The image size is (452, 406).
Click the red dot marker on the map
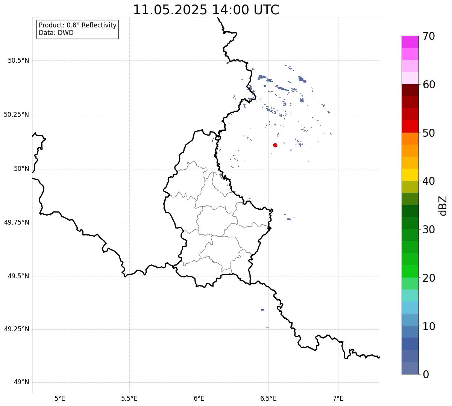click(x=275, y=145)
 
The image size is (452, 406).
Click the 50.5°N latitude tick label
click(x=18, y=60)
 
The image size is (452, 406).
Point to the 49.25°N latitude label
click(x=17, y=329)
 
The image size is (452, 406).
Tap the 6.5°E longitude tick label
click(x=268, y=398)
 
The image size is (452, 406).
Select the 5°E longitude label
click(x=60, y=398)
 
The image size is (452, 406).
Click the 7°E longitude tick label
click(x=338, y=398)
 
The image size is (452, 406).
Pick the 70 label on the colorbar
click(x=429, y=36)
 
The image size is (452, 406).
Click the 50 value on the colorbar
click(x=429, y=133)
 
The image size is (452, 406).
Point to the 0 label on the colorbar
click(x=426, y=375)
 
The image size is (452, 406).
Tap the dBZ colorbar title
click(x=443, y=206)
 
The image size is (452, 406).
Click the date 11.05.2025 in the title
click(x=170, y=10)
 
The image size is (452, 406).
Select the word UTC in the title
click(x=266, y=10)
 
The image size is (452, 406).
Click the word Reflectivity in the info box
click(x=99, y=25)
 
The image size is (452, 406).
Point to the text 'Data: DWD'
click(x=56, y=33)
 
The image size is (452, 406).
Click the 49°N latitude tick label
click(x=21, y=382)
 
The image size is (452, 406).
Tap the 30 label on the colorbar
click(x=429, y=230)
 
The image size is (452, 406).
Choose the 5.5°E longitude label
click(x=129, y=398)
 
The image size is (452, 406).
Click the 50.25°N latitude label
click(x=17, y=115)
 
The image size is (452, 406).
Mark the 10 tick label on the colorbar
click(x=429, y=326)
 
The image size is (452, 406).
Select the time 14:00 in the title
click(x=230, y=10)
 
